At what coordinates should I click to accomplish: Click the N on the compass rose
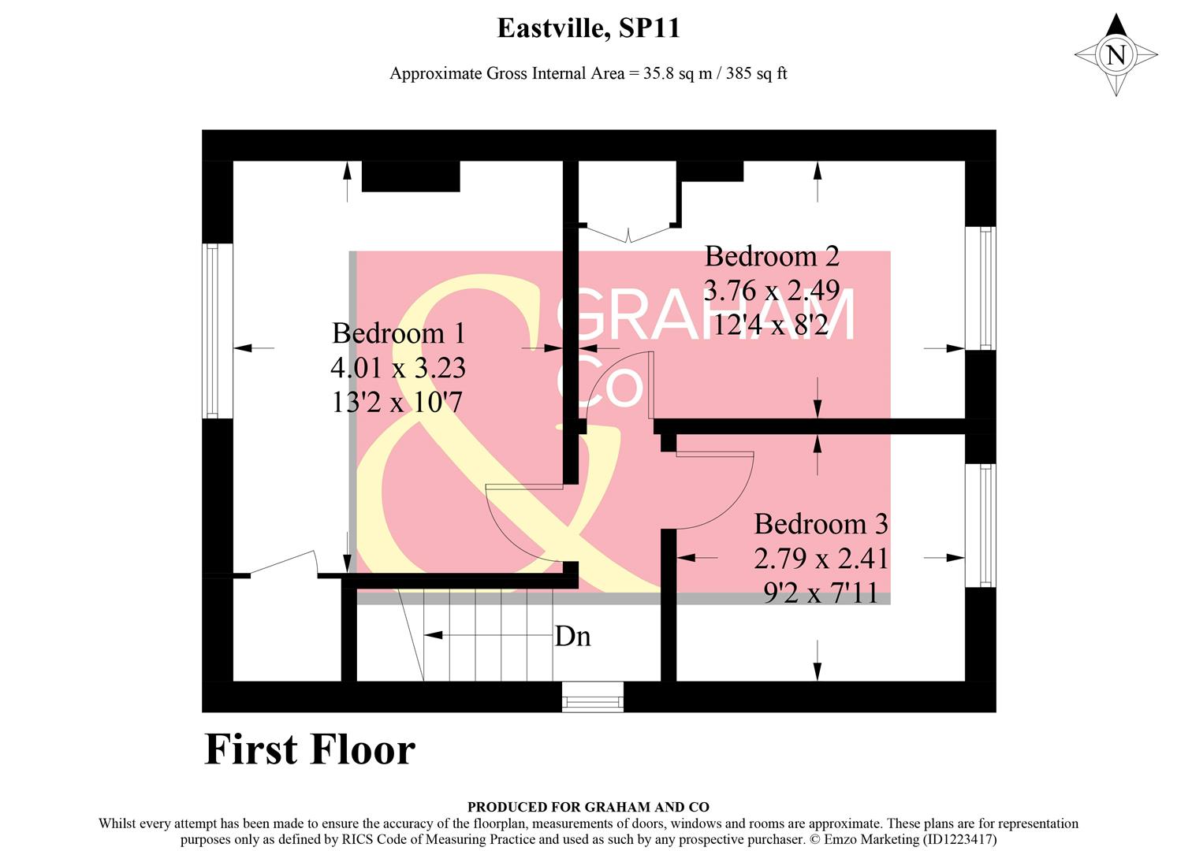(x=1116, y=55)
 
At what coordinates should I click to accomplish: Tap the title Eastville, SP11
(x=588, y=28)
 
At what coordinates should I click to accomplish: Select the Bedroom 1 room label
(x=398, y=333)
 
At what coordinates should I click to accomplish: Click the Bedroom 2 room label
(x=772, y=256)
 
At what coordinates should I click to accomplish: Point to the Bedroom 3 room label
(x=821, y=524)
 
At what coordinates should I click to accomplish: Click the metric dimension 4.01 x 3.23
(x=398, y=368)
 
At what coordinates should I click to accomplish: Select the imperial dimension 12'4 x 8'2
(x=770, y=324)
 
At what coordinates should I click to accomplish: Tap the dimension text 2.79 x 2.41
(x=821, y=559)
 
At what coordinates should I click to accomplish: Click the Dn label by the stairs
(x=573, y=636)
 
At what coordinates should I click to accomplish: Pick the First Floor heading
(x=310, y=749)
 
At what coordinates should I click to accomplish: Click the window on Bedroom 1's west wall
(x=211, y=331)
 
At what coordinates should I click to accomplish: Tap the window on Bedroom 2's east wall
(x=986, y=288)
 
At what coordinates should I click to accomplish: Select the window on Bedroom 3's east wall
(x=986, y=525)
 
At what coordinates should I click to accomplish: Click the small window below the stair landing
(x=592, y=697)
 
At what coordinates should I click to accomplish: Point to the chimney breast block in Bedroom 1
(x=410, y=176)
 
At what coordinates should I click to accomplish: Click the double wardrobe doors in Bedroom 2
(x=628, y=233)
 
